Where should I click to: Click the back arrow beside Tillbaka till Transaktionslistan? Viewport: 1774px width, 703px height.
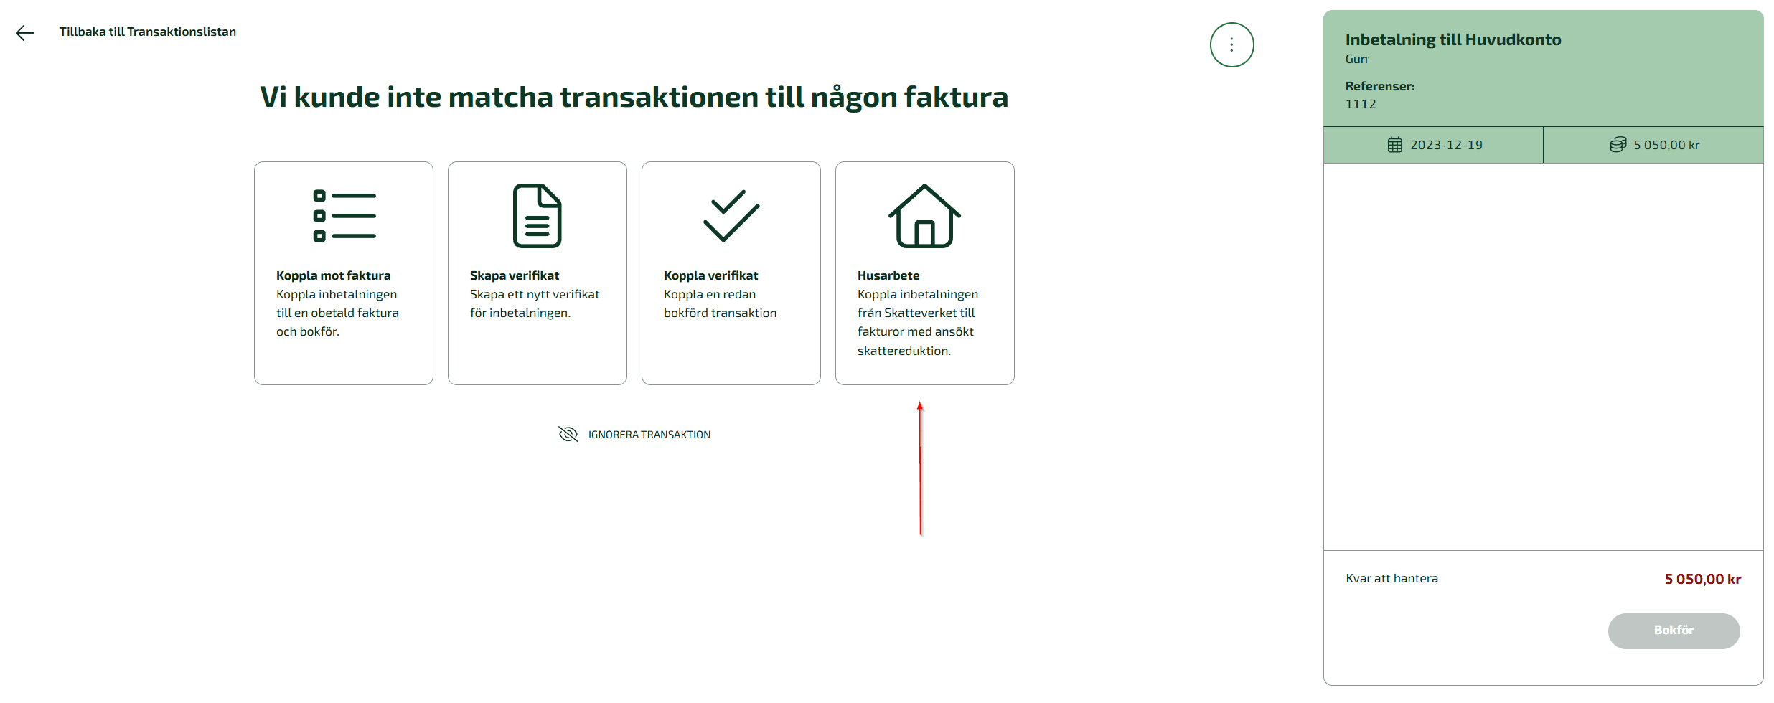(25, 33)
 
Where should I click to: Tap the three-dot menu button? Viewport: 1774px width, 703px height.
(1231, 45)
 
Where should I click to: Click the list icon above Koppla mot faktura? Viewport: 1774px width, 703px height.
(344, 216)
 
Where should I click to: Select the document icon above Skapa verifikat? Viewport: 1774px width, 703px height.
(538, 216)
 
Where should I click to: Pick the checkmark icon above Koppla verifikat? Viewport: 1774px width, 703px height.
(731, 215)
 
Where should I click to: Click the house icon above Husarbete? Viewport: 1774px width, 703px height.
(925, 216)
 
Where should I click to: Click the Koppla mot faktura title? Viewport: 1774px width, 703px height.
(334, 275)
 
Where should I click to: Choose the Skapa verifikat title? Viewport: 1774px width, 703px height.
(515, 275)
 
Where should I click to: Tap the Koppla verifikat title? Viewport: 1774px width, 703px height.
(711, 275)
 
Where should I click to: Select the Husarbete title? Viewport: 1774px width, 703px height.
(888, 275)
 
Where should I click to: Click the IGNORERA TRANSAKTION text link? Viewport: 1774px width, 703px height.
(649, 435)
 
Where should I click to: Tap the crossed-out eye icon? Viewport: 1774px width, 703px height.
(568, 434)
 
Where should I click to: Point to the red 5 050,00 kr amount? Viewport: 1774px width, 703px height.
(1703, 579)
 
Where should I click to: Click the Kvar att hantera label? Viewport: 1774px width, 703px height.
(1392, 578)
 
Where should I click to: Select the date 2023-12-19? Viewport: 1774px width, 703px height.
(1447, 145)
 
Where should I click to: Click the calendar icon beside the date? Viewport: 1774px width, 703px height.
(1394, 145)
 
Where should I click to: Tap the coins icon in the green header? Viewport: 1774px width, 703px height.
(1618, 145)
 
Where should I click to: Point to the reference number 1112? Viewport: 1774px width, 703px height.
(1361, 104)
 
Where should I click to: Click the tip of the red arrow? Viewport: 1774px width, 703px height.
(920, 402)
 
